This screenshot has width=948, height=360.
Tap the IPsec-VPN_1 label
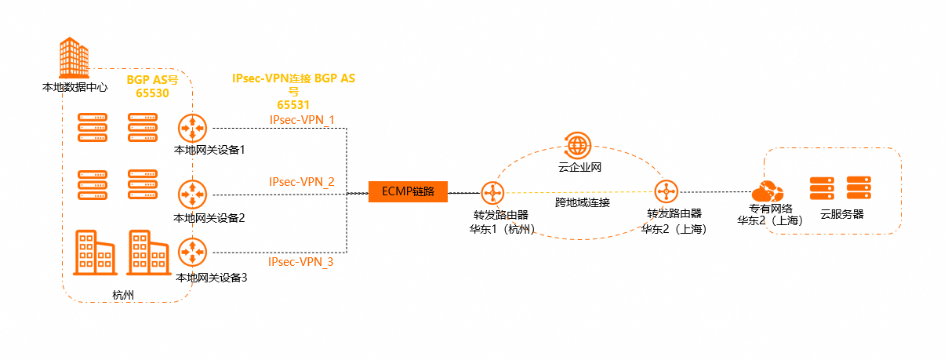[302, 120]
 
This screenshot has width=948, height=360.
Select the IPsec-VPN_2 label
[302, 182]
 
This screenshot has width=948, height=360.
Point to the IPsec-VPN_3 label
[301, 262]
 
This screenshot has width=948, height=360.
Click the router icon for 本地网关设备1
[191, 127]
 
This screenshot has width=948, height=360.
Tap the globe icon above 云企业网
[578, 145]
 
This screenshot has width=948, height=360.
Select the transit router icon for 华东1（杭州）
[492, 192]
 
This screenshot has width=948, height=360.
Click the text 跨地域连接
[582, 202]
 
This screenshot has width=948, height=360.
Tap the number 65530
[152, 93]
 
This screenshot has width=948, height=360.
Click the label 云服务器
[841, 213]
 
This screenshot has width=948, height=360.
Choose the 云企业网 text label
[579, 167]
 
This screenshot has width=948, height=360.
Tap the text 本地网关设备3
[212, 278]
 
